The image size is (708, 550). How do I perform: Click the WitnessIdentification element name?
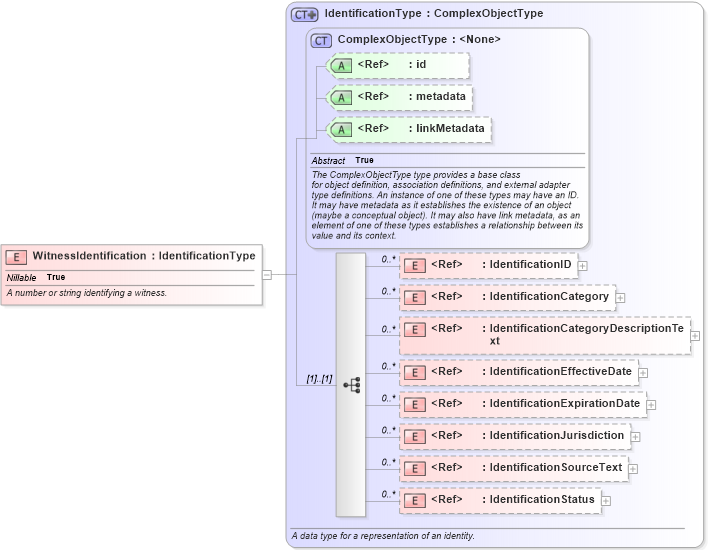(x=90, y=256)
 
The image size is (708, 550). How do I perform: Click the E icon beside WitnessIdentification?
(x=17, y=257)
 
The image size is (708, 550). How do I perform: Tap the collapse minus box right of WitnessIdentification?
(x=267, y=274)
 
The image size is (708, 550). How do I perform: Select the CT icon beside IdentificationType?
(x=304, y=15)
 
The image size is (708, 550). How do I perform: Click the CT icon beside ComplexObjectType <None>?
(x=321, y=40)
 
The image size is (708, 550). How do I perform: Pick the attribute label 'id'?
(x=421, y=65)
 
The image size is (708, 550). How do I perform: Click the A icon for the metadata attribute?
(x=342, y=98)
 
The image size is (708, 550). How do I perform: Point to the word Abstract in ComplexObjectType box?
(x=328, y=161)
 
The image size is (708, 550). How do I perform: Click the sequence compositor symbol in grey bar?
(x=351, y=384)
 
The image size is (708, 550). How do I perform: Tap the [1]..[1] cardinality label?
(x=319, y=380)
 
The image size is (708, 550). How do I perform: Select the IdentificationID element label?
(x=530, y=265)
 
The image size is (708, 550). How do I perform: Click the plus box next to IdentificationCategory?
(x=620, y=298)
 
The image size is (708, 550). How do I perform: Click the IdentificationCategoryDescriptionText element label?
(x=585, y=334)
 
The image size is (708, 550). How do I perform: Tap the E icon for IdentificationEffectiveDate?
(x=414, y=372)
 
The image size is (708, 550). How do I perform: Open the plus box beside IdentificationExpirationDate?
(x=651, y=405)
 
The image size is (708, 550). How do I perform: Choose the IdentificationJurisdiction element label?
(x=556, y=436)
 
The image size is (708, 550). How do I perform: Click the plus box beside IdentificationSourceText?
(x=633, y=469)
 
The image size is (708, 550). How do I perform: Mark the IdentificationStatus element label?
(x=541, y=500)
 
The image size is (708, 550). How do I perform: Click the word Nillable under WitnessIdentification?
(x=22, y=277)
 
